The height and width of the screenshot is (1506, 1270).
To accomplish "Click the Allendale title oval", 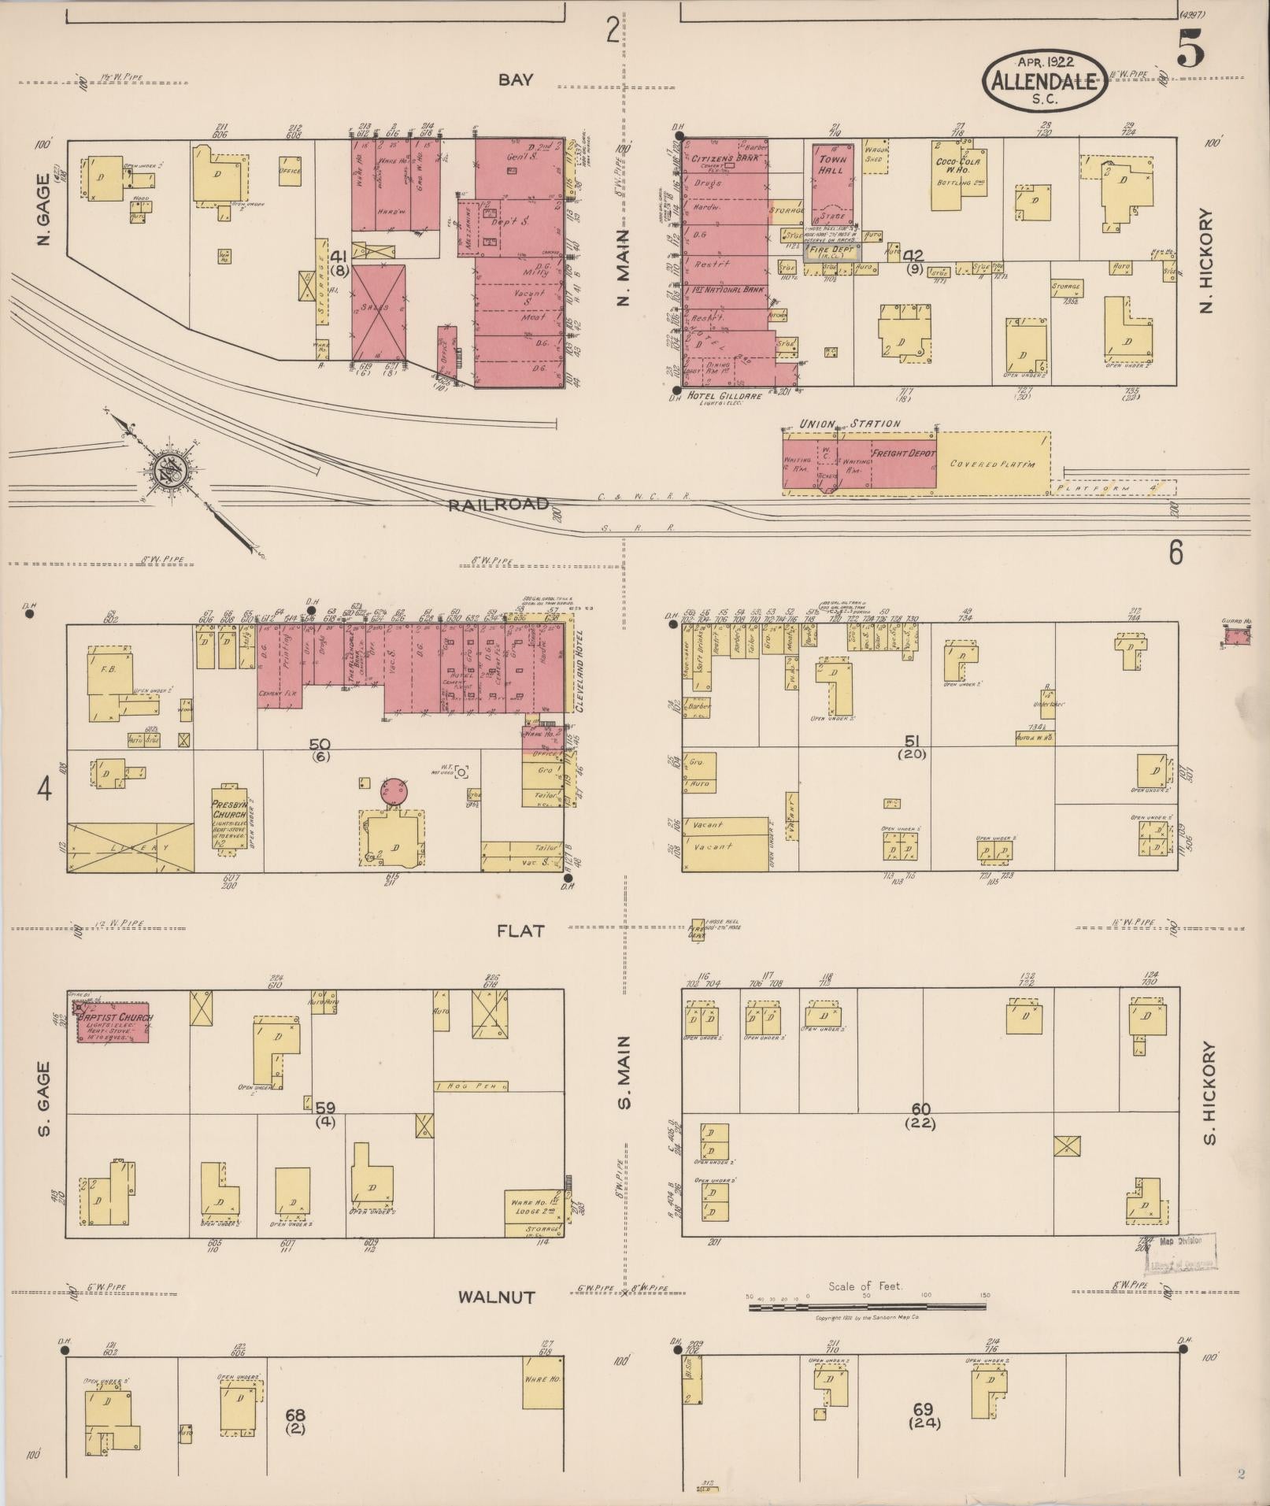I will click(1044, 80).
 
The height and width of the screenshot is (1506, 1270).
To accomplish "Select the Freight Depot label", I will click(902, 454).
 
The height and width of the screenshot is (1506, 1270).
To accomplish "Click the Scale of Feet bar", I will click(867, 1305).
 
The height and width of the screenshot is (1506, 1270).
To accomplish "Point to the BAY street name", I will click(516, 80).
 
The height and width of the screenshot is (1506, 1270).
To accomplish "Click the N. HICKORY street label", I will click(1205, 261).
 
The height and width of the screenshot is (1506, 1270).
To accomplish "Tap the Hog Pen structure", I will click(470, 1086).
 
